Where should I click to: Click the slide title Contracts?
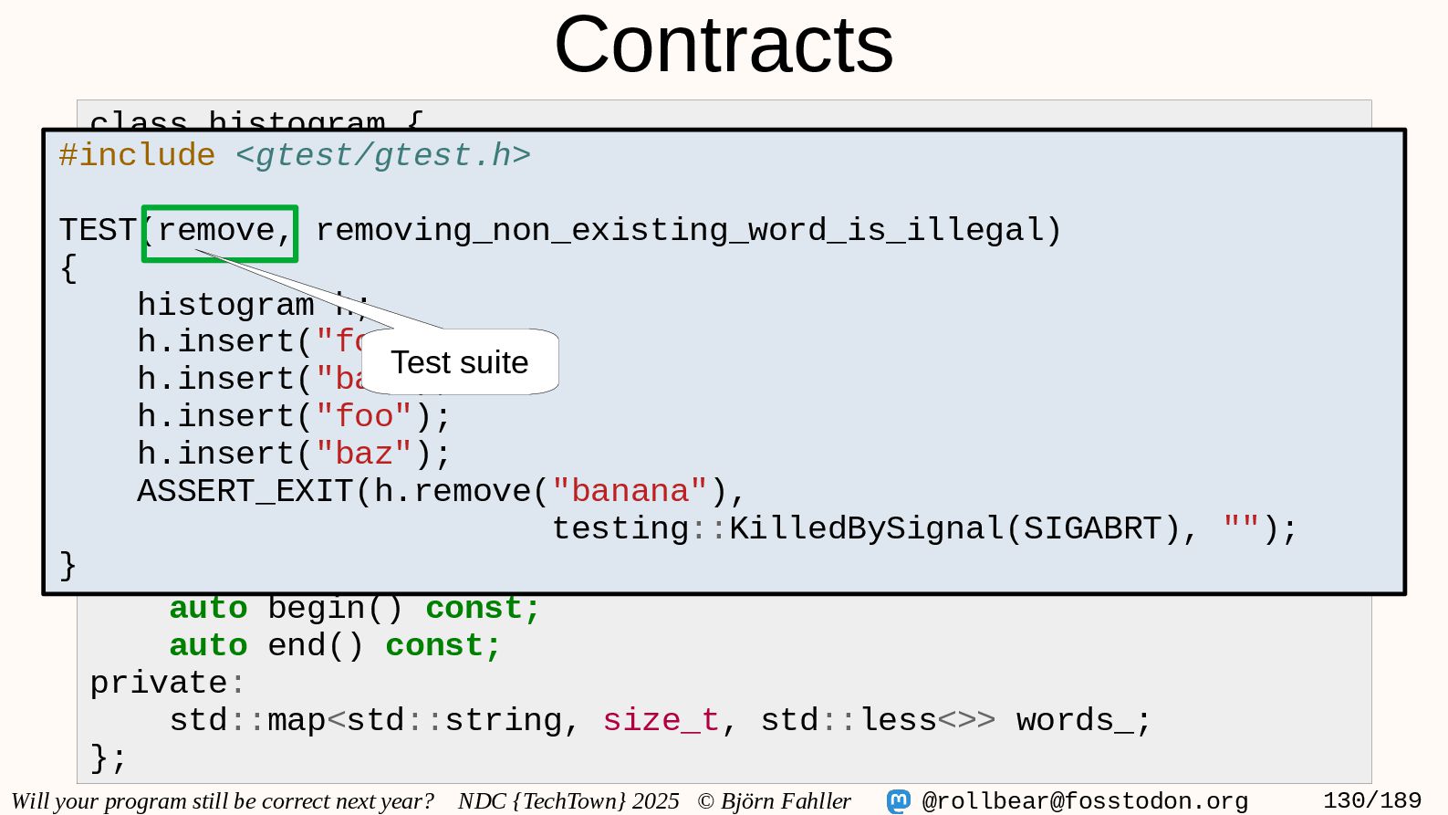724,46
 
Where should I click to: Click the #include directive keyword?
137,155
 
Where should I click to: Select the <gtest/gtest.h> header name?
383,155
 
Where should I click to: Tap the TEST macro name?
98,230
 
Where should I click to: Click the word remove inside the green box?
216,230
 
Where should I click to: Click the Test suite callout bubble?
460,362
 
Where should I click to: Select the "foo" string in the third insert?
364,417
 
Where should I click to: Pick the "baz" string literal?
364,455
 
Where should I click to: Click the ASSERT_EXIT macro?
245,492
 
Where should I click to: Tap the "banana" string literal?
630,492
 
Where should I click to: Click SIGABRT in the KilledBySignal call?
1091,529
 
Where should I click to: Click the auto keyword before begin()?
208,609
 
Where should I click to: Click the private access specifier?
158,684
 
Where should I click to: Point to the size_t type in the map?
661,721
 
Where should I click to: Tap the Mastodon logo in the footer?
899,801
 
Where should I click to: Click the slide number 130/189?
1371,801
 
